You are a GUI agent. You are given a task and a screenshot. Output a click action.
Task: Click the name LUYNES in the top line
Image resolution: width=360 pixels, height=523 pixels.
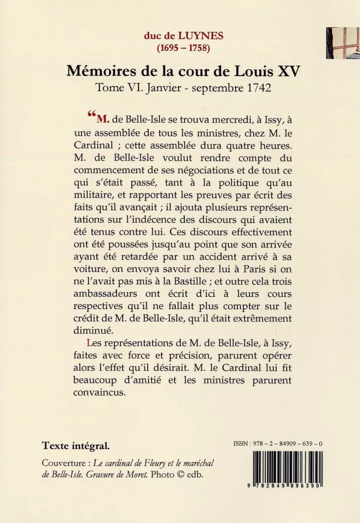pyautogui.click(x=190, y=35)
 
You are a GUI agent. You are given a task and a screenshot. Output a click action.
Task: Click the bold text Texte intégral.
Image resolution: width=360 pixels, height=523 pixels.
pyautogui.click(x=76, y=446)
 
